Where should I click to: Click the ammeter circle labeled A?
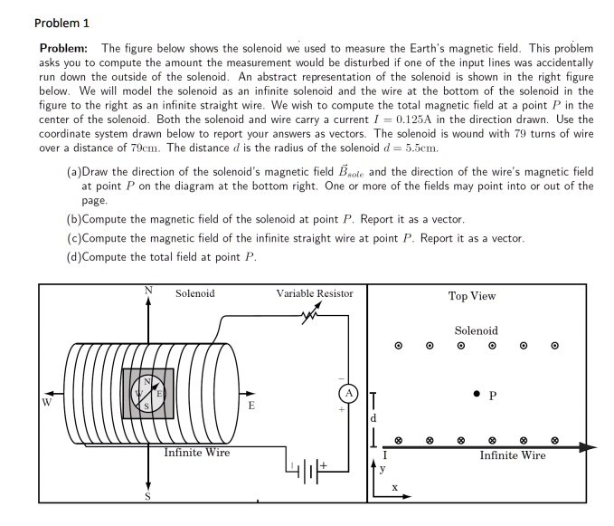pyautogui.click(x=348, y=392)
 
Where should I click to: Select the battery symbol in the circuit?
pyautogui.click(x=307, y=471)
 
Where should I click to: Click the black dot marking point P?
pyautogui.click(x=477, y=394)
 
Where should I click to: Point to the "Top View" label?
pyautogui.click(x=471, y=296)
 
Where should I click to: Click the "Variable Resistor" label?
pyautogui.click(x=314, y=293)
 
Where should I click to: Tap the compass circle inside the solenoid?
pyautogui.click(x=146, y=393)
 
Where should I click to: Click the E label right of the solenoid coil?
pyautogui.click(x=251, y=406)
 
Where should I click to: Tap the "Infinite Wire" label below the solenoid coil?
pyautogui.click(x=196, y=453)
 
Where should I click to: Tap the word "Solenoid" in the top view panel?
pyautogui.click(x=476, y=330)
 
